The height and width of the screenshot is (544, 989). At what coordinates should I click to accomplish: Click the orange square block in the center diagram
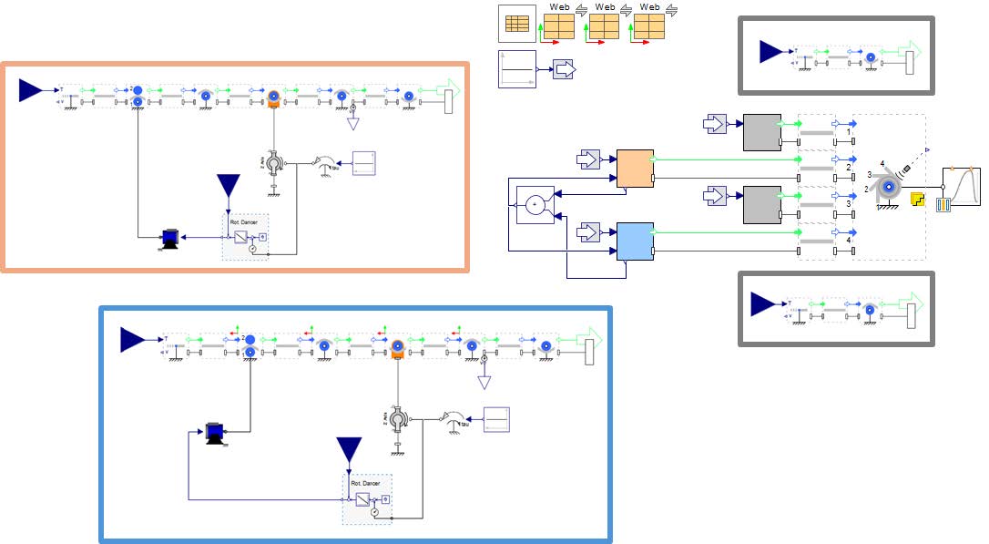click(635, 169)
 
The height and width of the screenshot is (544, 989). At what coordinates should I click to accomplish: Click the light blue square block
click(635, 241)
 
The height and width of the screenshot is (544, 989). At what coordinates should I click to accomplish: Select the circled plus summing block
click(535, 204)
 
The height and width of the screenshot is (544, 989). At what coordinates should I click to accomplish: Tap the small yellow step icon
click(917, 198)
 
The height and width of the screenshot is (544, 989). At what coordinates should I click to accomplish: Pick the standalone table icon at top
click(517, 25)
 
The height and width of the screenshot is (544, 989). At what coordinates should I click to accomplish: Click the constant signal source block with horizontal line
click(517, 69)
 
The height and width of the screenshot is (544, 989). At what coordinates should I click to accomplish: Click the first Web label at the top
click(559, 7)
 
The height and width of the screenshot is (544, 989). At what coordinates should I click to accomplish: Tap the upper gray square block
click(762, 133)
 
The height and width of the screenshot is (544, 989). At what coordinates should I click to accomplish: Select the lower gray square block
click(762, 205)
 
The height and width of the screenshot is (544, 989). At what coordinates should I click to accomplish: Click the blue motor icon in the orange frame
click(168, 238)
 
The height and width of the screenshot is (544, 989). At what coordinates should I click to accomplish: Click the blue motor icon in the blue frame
click(216, 432)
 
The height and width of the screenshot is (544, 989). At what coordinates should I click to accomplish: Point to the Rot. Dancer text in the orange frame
click(240, 221)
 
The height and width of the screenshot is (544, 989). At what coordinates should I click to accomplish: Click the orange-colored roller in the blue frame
click(397, 348)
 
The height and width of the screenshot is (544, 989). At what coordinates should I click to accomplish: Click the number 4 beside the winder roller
click(882, 164)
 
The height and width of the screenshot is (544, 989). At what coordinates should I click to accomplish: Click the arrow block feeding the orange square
click(587, 160)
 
